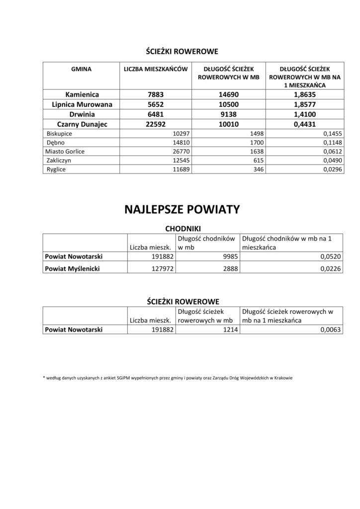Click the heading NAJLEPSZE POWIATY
click(x=181, y=209)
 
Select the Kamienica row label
click(x=82, y=94)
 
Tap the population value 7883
click(x=155, y=94)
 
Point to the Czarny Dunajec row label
click(x=82, y=124)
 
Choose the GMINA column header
click(x=82, y=70)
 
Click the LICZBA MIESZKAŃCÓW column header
click(x=155, y=70)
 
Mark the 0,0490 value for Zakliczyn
click(x=330, y=161)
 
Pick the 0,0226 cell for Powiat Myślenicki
click(x=330, y=269)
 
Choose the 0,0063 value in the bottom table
click(x=330, y=329)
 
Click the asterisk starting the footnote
click(x=44, y=378)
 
